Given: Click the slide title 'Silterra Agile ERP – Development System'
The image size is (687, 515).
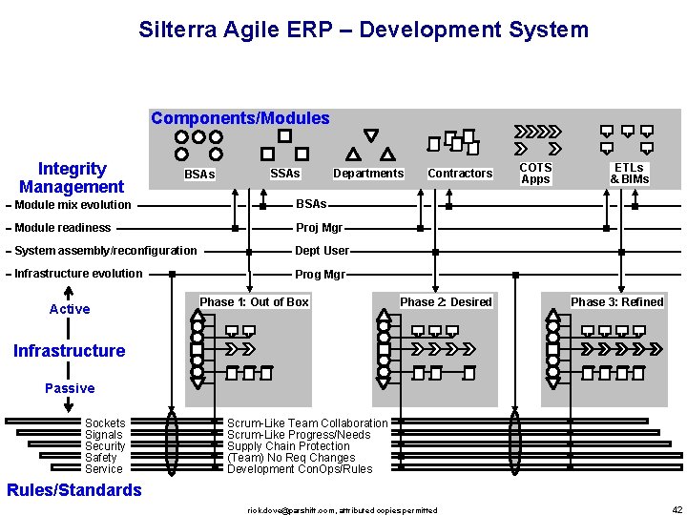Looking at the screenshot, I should click(x=364, y=30).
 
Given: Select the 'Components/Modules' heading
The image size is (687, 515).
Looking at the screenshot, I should click(x=240, y=119).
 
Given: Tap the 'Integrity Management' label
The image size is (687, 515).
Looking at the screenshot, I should click(x=72, y=178).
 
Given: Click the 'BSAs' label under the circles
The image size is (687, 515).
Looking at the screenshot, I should click(x=199, y=175).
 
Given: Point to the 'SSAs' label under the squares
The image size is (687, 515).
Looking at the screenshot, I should click(x=285, y=174).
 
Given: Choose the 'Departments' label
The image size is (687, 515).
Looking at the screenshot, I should click(x=368, y=174).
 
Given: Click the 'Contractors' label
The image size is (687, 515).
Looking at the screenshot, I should click(x=460, y=174).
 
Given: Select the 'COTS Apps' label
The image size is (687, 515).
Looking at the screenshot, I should click(x=535, y=174).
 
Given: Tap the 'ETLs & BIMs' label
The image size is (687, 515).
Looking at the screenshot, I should click(x=630, y=174).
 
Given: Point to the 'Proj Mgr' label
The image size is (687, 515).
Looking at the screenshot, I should click(x=319, y=228).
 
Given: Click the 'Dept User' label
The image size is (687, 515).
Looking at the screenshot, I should click(x=323, y=251).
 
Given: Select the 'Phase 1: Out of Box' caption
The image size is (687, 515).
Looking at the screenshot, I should click(x=254, y=302).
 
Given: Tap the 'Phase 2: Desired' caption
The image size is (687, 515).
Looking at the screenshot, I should click(x=446, y=302).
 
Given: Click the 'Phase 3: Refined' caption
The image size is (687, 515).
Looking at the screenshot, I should click(x=616, y=302).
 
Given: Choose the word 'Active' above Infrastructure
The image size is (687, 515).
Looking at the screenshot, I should click(x=70, y=309).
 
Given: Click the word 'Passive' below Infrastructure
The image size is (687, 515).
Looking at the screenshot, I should click(x=70, y=388).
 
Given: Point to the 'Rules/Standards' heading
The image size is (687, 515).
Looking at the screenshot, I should click(x=73, y=490).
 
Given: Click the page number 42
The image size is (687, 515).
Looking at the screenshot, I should click(x=677, y=510).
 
